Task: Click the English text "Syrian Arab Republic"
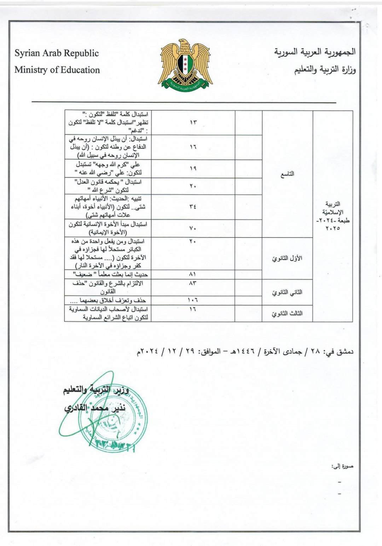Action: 57,53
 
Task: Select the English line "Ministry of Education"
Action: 57,70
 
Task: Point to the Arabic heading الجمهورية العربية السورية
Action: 315,52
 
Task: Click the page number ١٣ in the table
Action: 193,122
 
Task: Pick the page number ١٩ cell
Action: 193,168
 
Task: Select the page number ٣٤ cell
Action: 193,207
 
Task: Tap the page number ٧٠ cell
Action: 193,228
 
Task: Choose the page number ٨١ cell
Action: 193,274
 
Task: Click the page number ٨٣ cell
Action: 193,283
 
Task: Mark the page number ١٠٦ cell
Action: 193,300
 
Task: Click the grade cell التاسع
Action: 287,174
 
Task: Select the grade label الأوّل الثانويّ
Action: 287,258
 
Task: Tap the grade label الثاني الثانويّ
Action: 287,292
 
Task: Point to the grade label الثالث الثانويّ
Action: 287,314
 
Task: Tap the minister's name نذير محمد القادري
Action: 95,408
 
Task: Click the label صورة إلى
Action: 342,467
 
